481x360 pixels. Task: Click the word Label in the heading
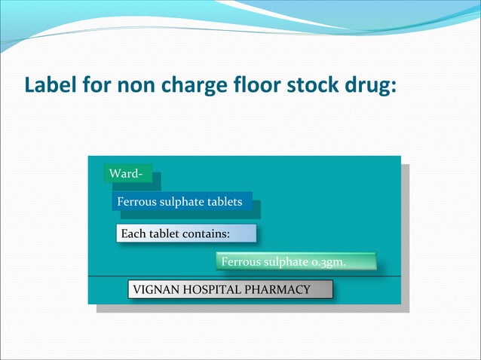[x=51, y=84]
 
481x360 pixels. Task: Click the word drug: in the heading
[x=369, y=84]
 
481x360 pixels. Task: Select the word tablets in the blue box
[x=225, y=202]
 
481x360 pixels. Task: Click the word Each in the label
[x=133, y=233]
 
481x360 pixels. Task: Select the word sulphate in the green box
[x=285, y=262]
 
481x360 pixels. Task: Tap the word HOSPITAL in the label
[x=210, y=290]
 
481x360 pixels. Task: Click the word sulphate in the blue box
[x=180, y=202]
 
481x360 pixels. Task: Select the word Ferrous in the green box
[x=240, y=262]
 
